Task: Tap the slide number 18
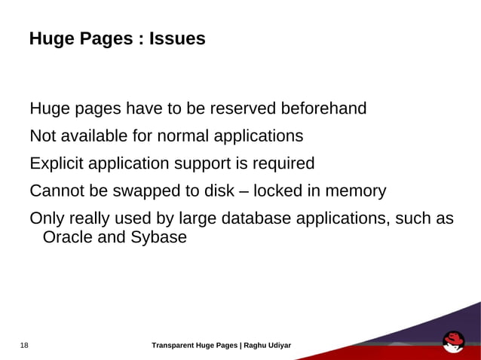pos(24,346)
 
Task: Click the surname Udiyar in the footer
pos(280,346)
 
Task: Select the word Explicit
pos(57,163)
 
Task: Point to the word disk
pos(219,191)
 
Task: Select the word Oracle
pos(66,238)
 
